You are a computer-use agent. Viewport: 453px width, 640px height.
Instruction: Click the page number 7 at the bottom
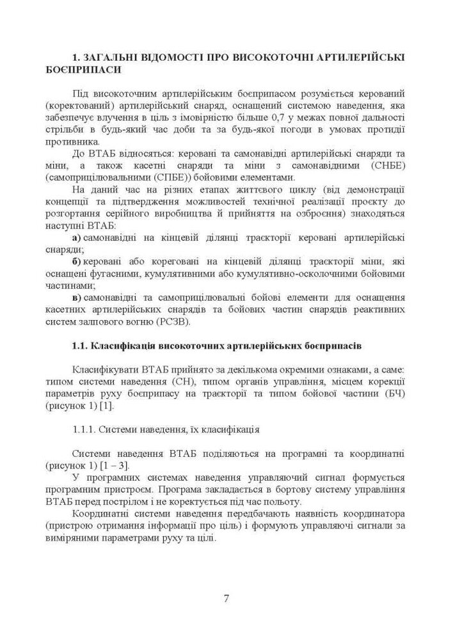(x=226, y=598)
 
